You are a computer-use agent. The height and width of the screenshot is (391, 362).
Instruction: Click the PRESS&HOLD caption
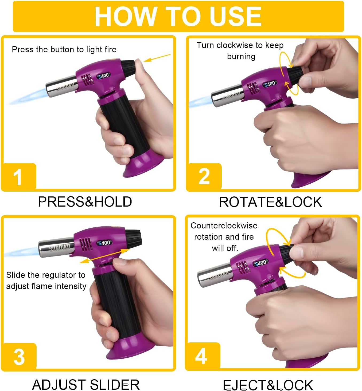(x=85, y=202)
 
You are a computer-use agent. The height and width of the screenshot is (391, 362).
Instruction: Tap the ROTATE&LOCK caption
(x=271, y=202)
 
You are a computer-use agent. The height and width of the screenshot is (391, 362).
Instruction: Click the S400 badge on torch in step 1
(x=103, y=76)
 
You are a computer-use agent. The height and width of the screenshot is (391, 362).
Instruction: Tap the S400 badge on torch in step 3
(x=104, y=243)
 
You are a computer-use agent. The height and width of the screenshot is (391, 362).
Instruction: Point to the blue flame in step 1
(x=28, y=96)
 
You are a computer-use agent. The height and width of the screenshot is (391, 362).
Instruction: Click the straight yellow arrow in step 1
(x=157, y=58)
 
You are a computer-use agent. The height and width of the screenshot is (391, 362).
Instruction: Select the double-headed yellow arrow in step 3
(x=104, y=256)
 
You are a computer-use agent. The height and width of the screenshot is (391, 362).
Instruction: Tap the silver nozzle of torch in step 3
(x=56, y=247)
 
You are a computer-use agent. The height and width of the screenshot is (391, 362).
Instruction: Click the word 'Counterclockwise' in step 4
(x=224, y=226)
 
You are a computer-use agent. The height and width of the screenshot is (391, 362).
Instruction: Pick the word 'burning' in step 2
(x=241, y=57)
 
